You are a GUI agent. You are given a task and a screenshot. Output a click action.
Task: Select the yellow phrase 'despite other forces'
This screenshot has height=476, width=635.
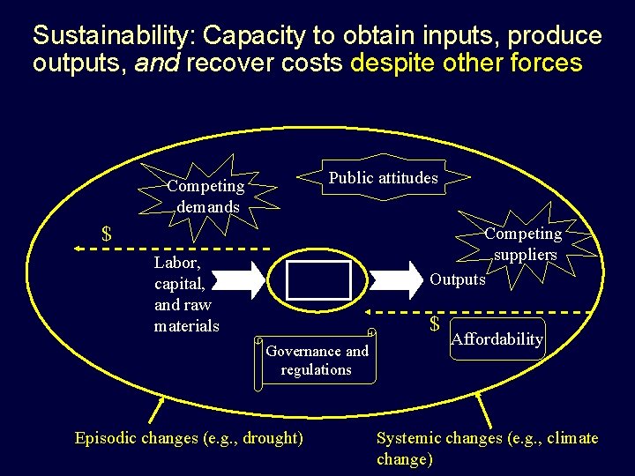pos(467,63)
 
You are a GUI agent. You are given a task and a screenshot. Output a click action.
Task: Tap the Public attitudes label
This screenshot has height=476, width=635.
pos(383,178)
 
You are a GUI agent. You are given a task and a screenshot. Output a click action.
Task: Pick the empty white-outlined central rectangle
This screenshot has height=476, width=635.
pos(318,280)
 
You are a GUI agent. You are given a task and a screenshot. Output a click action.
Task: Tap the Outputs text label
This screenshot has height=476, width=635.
pos(458,279)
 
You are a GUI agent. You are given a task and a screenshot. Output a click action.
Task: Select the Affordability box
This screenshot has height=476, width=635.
pos(497,339)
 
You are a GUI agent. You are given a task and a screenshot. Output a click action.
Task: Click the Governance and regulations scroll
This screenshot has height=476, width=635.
pos(317,360)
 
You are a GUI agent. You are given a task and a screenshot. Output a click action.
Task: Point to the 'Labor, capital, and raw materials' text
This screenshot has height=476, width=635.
pos(185,294)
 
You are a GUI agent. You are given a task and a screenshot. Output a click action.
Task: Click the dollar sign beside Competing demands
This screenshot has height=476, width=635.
pos(107,234)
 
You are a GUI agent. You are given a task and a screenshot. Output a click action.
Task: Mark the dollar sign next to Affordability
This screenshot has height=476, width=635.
pos(434,324)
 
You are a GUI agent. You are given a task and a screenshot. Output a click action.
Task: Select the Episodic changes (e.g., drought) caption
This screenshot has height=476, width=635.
pos(189,438)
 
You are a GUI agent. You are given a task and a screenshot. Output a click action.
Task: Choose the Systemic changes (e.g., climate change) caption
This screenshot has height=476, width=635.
pos(487,448)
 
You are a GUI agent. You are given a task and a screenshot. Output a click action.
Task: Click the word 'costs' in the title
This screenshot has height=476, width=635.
pos(310,63)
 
